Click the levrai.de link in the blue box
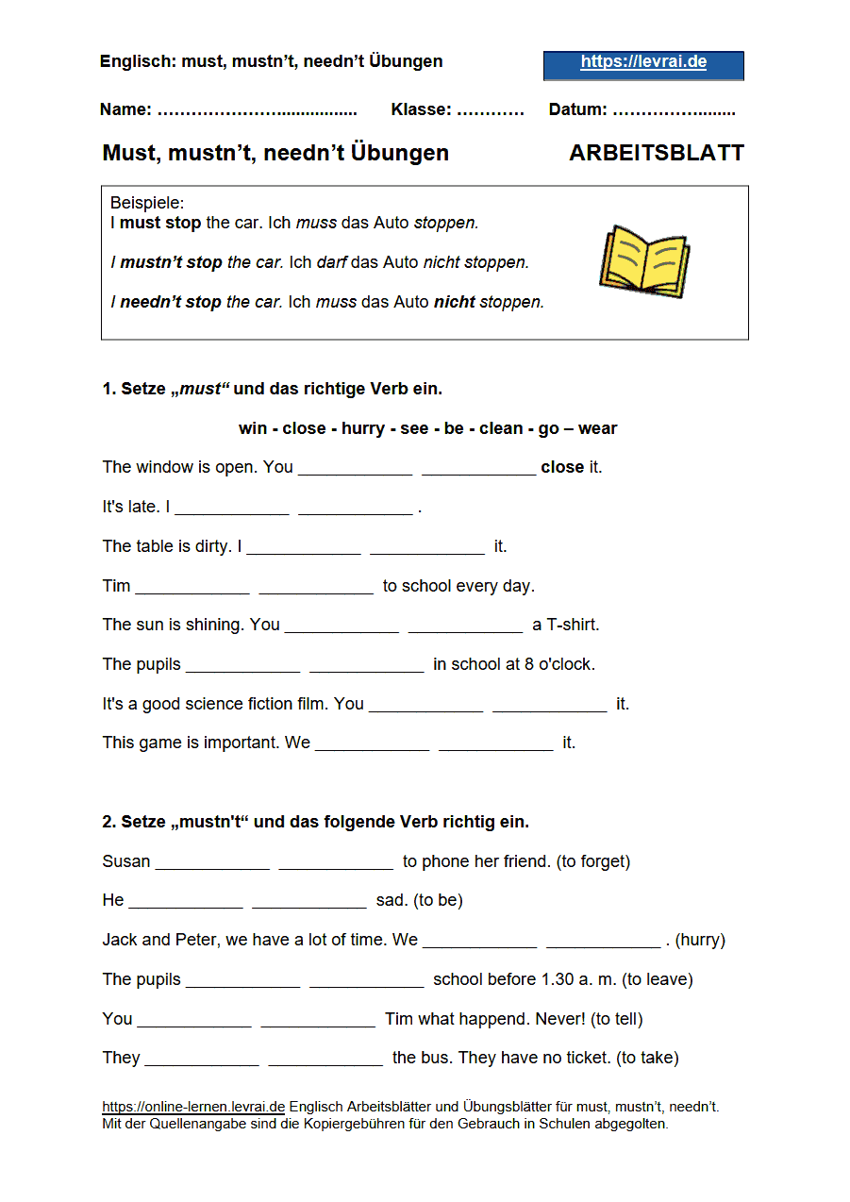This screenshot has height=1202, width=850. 643,63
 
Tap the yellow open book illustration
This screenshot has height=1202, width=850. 644,261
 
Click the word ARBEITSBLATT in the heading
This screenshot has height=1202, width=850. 657,153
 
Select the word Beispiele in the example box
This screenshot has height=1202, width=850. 147,203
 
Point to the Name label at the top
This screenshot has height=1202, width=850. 125,109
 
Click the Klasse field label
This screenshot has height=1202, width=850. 421,109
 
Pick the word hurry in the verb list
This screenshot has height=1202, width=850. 362,428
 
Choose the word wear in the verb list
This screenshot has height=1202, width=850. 597,428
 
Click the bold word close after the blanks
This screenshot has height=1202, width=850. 562,467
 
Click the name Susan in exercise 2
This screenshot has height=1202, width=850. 126,861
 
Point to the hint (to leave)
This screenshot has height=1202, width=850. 658,979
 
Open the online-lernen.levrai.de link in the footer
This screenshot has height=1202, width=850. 193,1107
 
